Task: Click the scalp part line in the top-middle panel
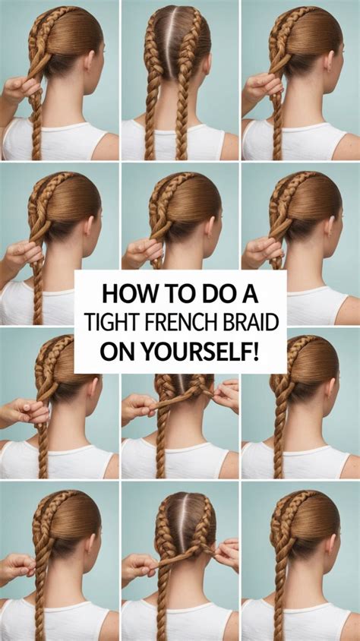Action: [x=179, y=30]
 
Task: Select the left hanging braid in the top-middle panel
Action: [x=153, y=114]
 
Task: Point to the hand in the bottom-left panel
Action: [x=19, y=567]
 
